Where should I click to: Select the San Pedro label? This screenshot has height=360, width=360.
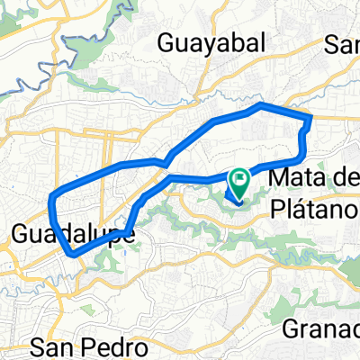click(x=89, y=346)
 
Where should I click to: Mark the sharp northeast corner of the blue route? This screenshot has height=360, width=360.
click(x=310, y=116)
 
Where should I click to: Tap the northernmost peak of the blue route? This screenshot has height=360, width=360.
click(x=261, y=105)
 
